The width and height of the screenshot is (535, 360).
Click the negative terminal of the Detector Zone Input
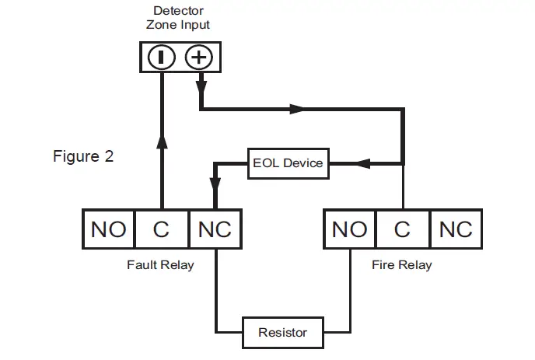[161, 58]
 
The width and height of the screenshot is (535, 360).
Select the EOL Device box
[287, 163]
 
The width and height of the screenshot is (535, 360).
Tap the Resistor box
[282, 332]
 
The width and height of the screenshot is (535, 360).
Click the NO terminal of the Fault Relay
[108, 229]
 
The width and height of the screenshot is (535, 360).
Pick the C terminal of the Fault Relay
[162, 229]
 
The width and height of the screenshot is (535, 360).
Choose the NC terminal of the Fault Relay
[215, 229]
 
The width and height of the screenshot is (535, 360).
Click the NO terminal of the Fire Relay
[349, 229]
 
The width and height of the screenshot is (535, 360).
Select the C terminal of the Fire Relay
[402, 229]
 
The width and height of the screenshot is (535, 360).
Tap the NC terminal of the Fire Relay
[456, 229]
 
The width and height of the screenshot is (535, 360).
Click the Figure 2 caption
[83, 156]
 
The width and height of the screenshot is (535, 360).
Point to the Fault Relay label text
[160, 265]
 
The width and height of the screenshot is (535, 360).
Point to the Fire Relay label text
[402, 265]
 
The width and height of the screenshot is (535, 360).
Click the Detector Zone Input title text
[178, 18]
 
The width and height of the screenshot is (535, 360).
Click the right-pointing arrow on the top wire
[296, 110]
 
